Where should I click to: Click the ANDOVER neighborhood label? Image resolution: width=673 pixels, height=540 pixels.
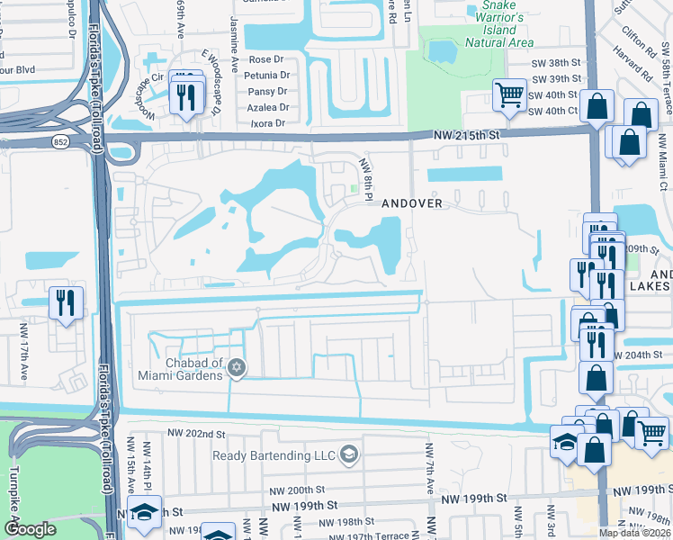tap(412, 202)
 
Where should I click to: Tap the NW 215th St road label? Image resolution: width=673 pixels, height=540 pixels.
tap(462, 134)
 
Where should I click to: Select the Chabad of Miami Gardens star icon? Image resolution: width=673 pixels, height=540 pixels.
tap(237, 366)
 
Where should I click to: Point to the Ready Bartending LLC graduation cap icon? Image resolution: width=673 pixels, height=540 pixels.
tap(349, 454)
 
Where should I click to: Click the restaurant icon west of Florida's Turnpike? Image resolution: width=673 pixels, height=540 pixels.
tap(66, 301)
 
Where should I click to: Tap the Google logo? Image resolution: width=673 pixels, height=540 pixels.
tap(31, 529)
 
